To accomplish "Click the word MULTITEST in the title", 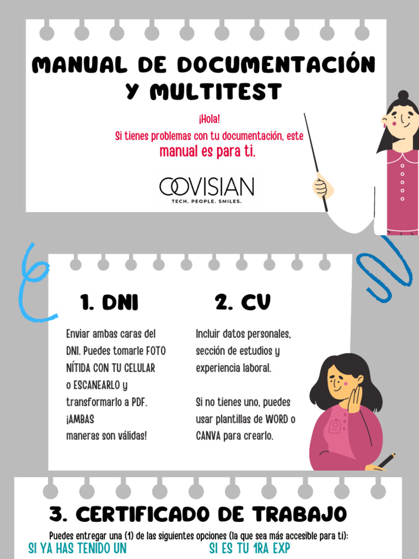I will tap(216, 92).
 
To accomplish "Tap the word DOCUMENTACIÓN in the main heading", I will tap(276, 65).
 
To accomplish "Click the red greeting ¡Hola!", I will tap(209, 119).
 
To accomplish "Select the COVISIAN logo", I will tap(206, 187).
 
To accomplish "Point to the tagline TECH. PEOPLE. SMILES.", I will tap(206, 201).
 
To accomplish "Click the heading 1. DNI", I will tap(109, 302).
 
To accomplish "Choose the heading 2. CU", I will tap(242, 302).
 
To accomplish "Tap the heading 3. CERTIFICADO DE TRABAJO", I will tap(197, 514).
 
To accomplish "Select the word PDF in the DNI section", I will tap(137, 402).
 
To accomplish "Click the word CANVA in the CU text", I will tap(208, 436).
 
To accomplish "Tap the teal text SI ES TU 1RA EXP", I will tap(249, 549).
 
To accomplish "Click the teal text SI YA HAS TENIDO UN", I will tap(77, 549).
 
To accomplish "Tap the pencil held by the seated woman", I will tap(387, 460).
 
